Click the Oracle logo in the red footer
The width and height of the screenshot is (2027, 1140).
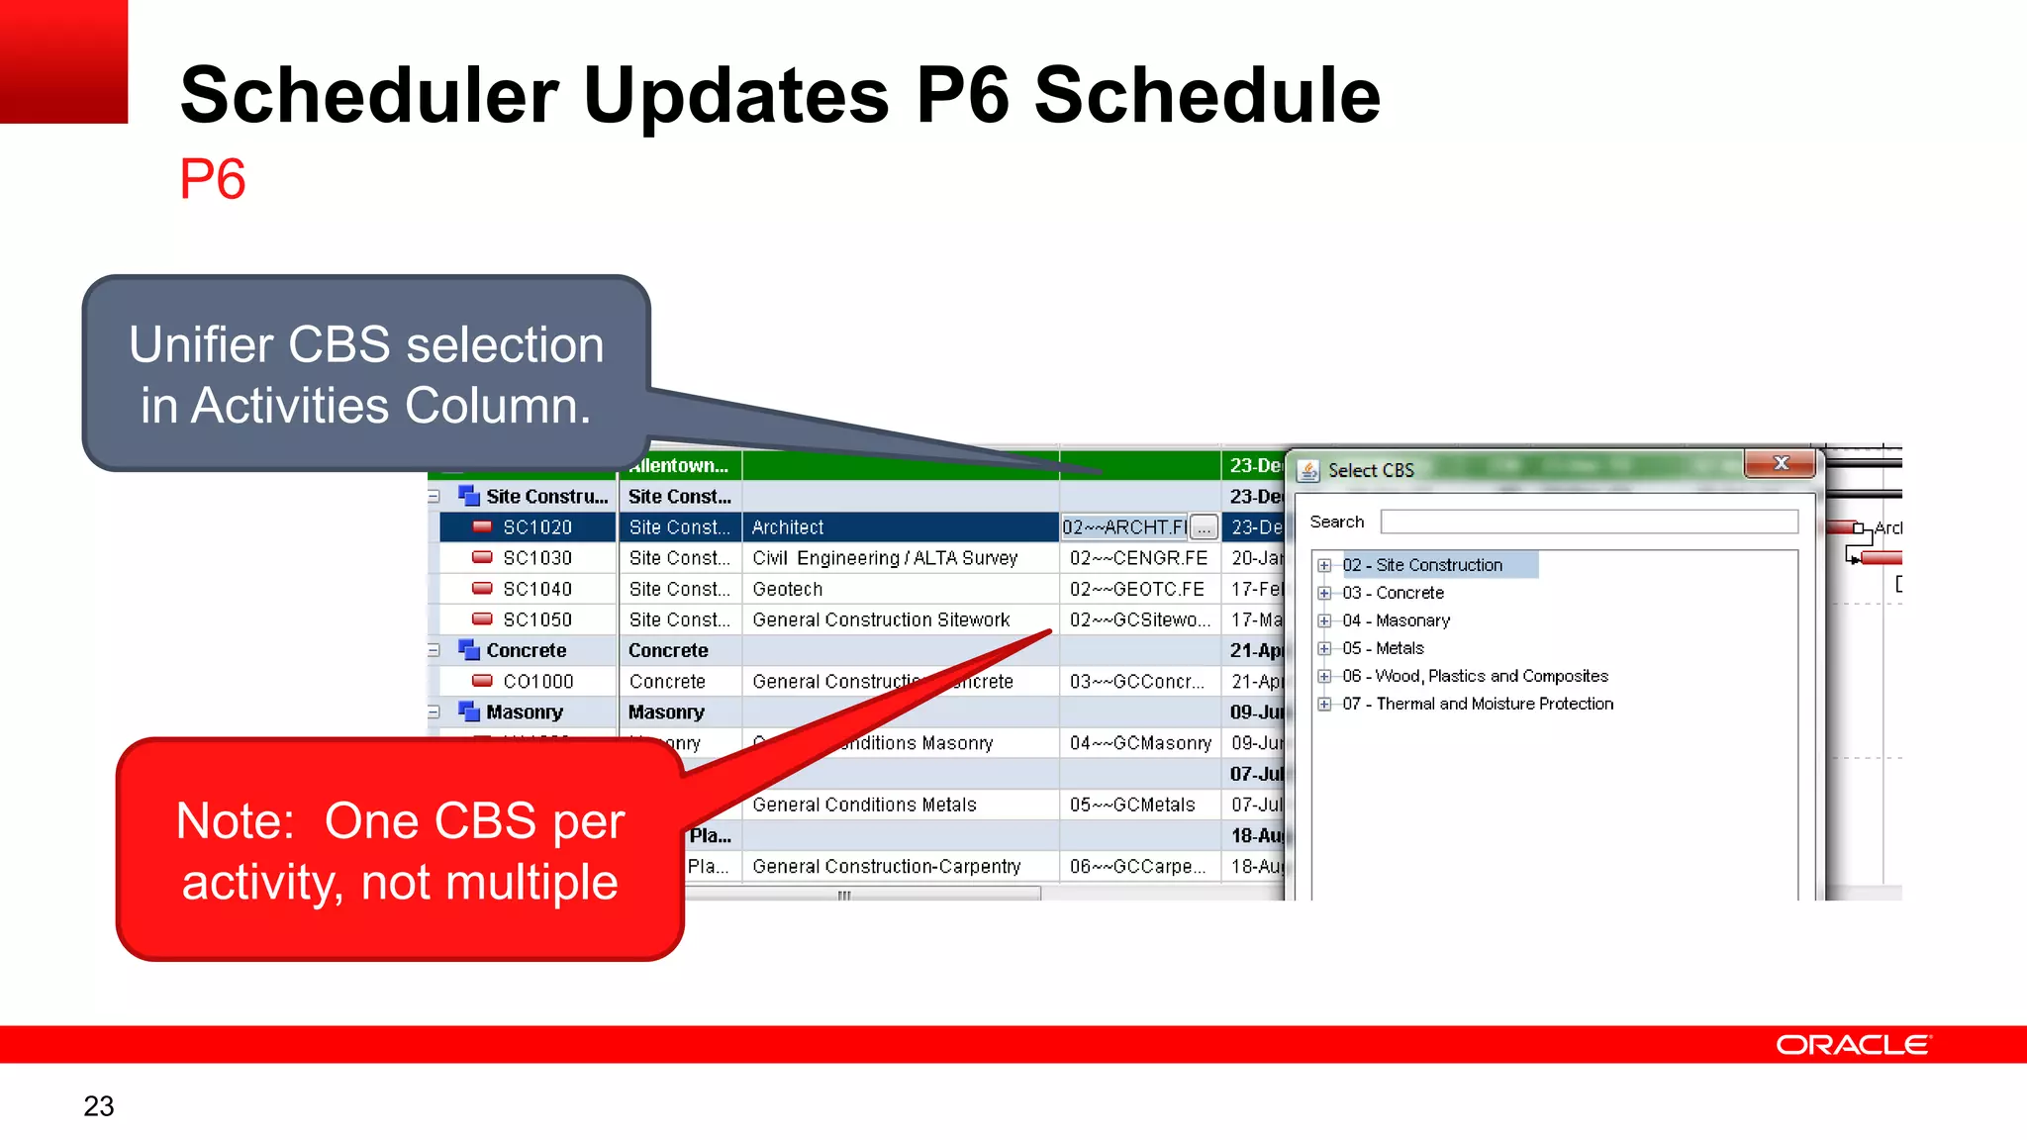pos(1853,1045)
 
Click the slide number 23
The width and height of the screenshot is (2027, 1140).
pos(99,1105)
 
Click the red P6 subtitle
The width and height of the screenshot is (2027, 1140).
pos(212,180)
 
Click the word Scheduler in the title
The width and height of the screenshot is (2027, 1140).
pos(369,96)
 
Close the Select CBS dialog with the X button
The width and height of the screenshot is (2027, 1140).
pos(1781,463)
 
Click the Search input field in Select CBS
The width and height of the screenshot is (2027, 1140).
pos(1589,522)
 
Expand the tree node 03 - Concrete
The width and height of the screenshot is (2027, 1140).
pos(1324,594)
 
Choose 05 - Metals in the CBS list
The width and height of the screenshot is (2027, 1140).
pos(1383,648)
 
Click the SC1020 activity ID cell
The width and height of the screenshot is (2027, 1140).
pos(537,527)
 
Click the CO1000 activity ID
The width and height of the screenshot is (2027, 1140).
pos(537,682)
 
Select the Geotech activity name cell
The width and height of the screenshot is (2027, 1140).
pos(788,589)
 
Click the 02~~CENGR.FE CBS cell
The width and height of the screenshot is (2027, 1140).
pos(1138,558)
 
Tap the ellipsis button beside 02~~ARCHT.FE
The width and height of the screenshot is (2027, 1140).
pos(1204,527)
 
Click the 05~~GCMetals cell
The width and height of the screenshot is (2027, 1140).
pos(1132,805)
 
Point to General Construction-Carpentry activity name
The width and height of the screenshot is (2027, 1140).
pos(886,866)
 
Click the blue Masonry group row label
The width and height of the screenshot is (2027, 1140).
pos(524,712)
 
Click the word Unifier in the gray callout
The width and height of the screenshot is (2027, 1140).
pos(201,345)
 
